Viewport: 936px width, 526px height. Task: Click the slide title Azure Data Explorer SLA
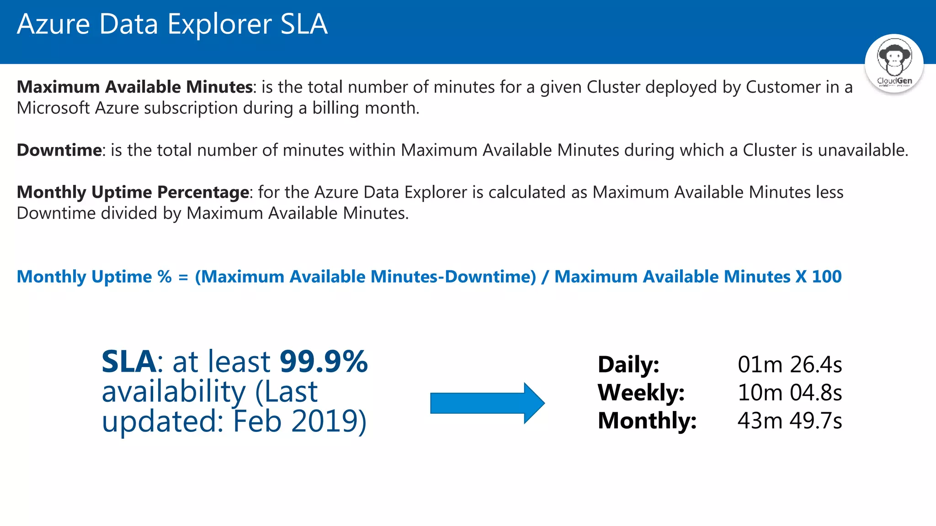coord(172,24)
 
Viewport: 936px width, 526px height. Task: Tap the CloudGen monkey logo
coord(894,63)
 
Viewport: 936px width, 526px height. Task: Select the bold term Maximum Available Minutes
coord(135,87)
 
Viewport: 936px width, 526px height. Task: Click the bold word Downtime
coord(59,150)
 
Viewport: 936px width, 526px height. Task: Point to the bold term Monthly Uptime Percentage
coord(133,192)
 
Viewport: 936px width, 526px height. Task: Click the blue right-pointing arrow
coord(487,403)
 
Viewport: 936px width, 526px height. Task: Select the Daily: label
coord(628,364)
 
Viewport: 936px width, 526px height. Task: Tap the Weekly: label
coord(641,392)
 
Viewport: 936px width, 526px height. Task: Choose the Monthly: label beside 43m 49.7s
coord(647,421)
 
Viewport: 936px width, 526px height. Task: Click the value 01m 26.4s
coord(790,364)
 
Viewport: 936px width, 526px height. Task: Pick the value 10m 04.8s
coord(790,392)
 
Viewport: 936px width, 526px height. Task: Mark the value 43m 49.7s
coord(790,421)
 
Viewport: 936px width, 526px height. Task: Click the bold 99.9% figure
coord(324,362)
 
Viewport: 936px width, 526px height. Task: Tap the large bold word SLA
coord(128,362)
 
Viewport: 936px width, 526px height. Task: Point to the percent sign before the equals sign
coord(165,277)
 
